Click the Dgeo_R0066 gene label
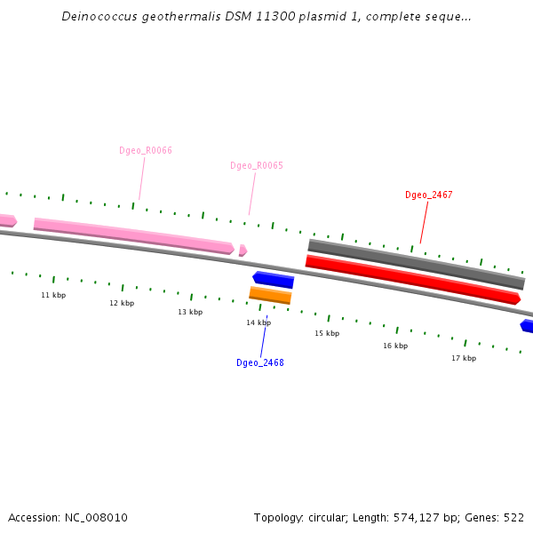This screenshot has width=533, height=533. pos(146,150)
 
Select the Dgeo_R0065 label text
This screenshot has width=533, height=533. pos(257,165)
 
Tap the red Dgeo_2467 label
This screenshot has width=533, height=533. pos(429,195)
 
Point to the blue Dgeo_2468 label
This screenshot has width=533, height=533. pos(260,362)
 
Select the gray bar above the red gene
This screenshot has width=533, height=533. pos(417,264)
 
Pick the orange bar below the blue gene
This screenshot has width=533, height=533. pos(270,295)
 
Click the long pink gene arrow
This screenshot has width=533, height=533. pos(134,236)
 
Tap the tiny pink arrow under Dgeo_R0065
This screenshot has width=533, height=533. pos(243,251)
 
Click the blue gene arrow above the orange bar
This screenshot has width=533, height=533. pos(274,280)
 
